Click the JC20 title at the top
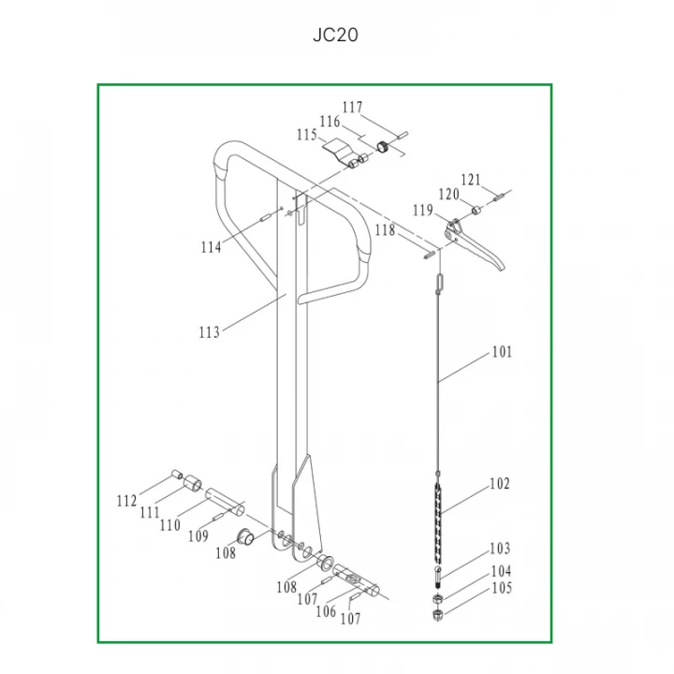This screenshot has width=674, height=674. [x=335, y=35]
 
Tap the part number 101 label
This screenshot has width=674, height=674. [x=502, y=352]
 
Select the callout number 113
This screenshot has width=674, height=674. [x=210, y=332]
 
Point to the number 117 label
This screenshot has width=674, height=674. [x=353, y=107]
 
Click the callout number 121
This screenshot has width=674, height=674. [x=471, y=180]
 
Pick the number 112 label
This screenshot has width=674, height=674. [x=126, y=501]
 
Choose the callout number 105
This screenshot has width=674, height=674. [x=502, y=588]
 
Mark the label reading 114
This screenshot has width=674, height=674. [x=211, y=247]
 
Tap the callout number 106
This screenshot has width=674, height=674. [x=326, y=610]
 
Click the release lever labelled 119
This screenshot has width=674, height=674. [x=473, y=245]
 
